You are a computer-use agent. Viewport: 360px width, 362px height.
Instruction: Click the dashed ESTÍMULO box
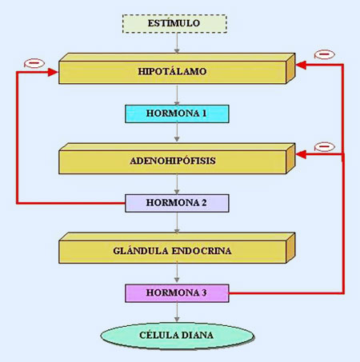pyautogui.click(x=174, y=24)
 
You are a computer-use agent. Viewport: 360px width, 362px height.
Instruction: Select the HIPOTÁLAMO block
pyautogui.click(x=177, y=69)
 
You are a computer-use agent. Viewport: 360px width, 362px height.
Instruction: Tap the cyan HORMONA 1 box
pyautogui.click(x=177, y=113)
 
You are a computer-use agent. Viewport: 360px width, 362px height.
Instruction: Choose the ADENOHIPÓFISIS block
pyautogui.click(x=177, y=158)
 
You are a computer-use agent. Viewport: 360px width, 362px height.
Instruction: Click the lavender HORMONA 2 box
pyautogui.click(x=177, y=203)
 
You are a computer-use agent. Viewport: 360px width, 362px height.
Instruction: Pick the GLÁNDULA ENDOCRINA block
pyautogui.click(x=177, y=248)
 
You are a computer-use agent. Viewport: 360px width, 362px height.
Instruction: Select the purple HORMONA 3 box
pyautogui.click(x=177, y=293)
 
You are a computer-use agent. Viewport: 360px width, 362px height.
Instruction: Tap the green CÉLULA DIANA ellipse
pyautogui.click(x=178, y=336)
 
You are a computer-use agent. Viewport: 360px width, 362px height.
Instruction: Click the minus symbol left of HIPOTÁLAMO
pyautogui.click(x=34, y=63)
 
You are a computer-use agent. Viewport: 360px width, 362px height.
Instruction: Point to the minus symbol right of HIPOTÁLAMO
pyautogui.click(x=325, y=54)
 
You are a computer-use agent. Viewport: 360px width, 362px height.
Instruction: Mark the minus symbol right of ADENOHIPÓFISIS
pyautogui.click(x=325, y=147)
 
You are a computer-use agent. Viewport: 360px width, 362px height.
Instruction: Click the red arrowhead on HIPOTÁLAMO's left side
pyautogui.click(x=53, y=72)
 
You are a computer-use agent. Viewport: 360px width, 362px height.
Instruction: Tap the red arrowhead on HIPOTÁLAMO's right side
pyautogui.click(x=301, y=65)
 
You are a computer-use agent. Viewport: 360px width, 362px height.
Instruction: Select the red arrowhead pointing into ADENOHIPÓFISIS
pyautogui.click(x=301, y=154)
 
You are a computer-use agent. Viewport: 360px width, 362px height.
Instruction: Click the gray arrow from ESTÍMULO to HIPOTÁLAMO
pyautogui.click(x=177, y=43)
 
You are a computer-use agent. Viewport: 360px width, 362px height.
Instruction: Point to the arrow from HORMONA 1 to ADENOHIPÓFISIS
pyautogui.click(x=177, y=132)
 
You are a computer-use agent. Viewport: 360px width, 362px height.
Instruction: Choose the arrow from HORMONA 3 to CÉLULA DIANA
pyautogui.click(x=177, y=312)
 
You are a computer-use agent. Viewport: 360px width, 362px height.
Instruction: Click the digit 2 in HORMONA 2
pyautogui.click(x=204, y=203)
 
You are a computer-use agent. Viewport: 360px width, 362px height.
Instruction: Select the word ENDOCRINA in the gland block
pyautogui.click(x=202, y=251)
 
